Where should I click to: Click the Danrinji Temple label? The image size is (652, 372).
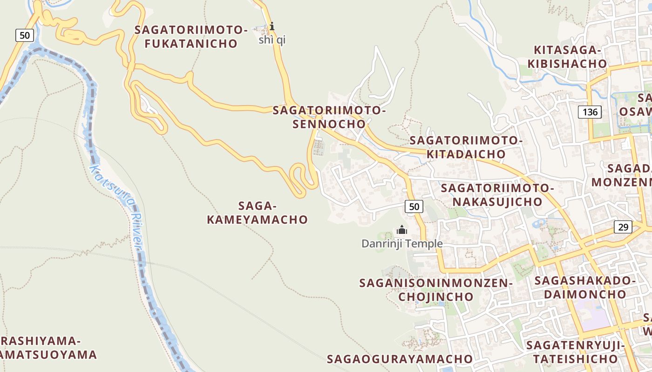point(402,243)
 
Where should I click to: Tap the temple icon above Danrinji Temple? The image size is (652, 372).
point(401,230)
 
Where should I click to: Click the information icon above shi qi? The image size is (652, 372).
point(272,26)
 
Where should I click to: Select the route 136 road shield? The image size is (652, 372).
point(590,112)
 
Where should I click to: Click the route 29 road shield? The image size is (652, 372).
point(623,227)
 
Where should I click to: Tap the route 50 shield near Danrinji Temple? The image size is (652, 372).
point(414,206)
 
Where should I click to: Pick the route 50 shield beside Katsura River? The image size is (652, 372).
point(25,35)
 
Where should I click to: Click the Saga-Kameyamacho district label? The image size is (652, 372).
point(258,213)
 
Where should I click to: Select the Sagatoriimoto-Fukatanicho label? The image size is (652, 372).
point(191,37)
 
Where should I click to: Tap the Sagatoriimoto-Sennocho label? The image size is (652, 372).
point(329,117)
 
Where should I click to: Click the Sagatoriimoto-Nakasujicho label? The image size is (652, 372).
point(497,195)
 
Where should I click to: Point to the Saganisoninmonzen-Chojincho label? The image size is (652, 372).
point(435,289)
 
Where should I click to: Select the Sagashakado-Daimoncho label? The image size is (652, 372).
point(585,287)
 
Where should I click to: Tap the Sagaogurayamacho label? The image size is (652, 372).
point(400,359)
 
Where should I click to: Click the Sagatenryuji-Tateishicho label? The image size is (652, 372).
point(575,352)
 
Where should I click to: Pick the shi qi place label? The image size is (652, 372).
point(272,40)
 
